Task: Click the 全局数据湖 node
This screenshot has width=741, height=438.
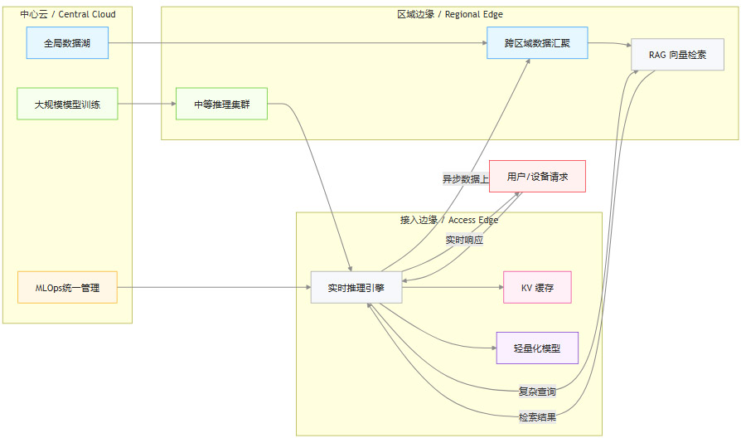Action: click(67, 42)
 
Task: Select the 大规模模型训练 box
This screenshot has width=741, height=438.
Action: click(67, 104)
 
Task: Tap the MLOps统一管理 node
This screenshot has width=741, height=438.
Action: click(67, 287)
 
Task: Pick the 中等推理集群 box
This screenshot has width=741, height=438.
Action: click(221, 104)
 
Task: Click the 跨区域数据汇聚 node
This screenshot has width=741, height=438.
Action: click(537, 42)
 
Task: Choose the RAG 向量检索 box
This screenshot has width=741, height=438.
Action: click(676, 55)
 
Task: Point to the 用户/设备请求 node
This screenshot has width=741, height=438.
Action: click(537, 177)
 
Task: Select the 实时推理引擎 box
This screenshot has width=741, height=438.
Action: click(356, 287)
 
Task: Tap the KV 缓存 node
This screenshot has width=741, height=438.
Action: click(537, 287)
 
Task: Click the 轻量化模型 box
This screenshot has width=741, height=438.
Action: click(537, 348)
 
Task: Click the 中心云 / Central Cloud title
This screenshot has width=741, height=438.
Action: click(67, 14)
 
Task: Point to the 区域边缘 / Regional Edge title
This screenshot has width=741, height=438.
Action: click(449, 14)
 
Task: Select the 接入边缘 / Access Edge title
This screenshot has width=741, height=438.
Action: click(448, 220)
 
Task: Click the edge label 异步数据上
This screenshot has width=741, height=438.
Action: click(466, 178)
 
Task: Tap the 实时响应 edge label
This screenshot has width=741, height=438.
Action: click(464, 240)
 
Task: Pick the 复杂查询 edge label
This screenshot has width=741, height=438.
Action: click(537, 391)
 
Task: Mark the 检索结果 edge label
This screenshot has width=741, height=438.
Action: click(537, 416)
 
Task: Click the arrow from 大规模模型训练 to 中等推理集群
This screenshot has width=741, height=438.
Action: click(147, 104)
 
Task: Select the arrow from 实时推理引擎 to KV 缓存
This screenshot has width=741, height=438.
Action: click(453, 287)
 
